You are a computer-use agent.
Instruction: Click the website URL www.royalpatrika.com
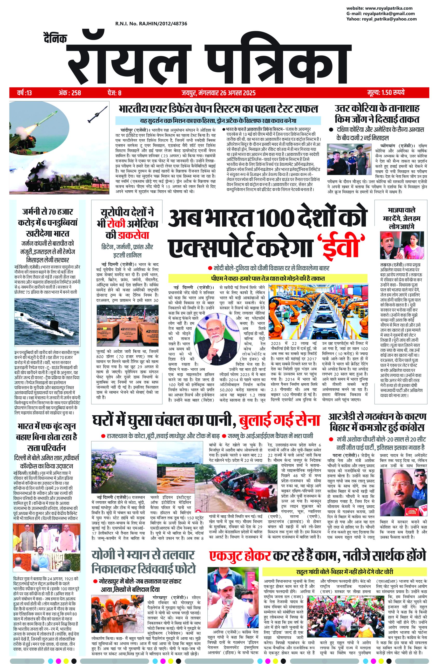389,8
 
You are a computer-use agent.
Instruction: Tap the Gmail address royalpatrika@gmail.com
389,13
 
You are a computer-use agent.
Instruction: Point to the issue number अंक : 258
70,92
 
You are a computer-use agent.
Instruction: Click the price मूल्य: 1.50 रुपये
386,92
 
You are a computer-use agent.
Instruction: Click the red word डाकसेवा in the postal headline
133,235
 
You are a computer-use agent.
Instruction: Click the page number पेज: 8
114,92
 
